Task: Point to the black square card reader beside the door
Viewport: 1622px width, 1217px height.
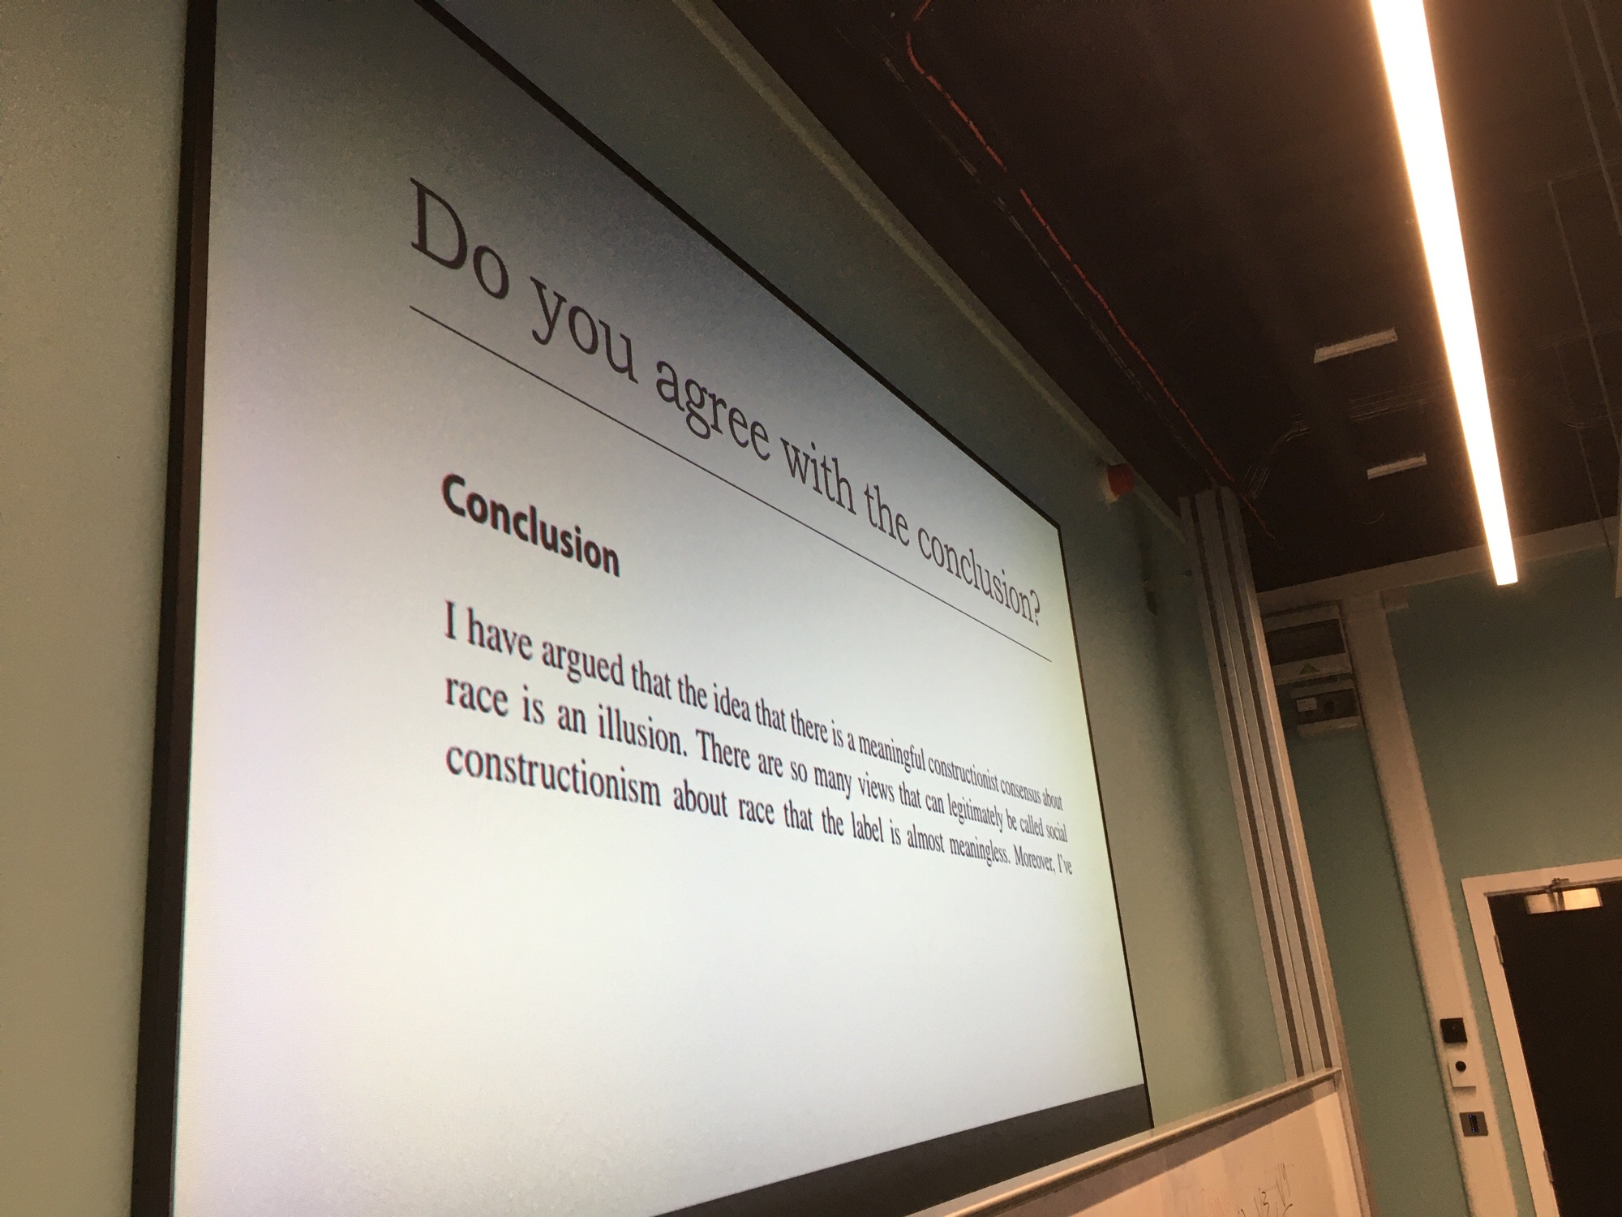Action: [x=1448, y=1033]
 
